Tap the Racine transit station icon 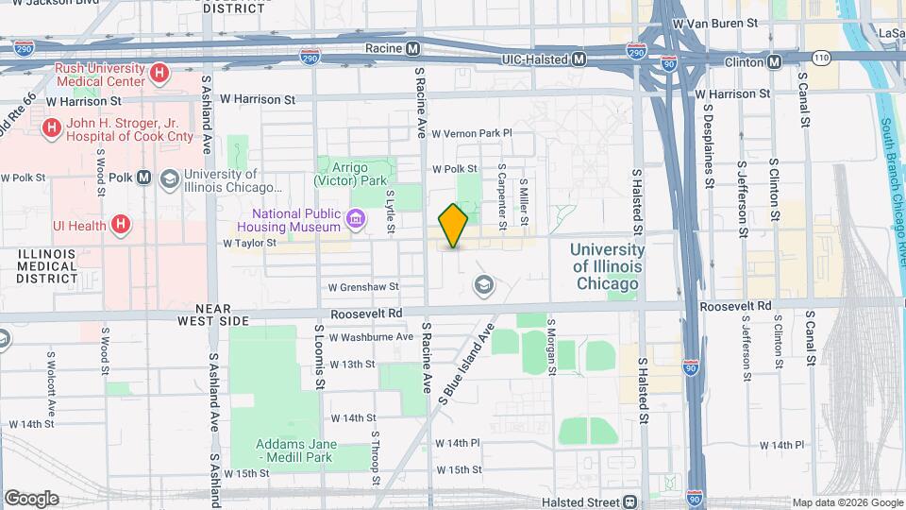tap(413, 48)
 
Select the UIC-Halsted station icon tap(579, 59)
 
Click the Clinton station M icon tap(774, 61)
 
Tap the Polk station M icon tap(144, 177)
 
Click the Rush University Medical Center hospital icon tap(160, 72)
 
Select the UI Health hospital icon tap(120, 224)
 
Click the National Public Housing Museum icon tap(356, 220)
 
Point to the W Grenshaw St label tap(363, 287)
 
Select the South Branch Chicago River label tap(893, 179)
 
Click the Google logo tap(31, 499)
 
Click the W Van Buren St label tap(714, 21)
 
